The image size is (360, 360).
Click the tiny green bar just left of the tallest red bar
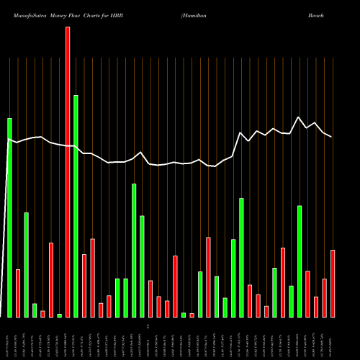coord(59,315)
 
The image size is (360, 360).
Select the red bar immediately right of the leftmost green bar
coord(18,293)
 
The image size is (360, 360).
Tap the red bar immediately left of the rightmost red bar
coord(324,297)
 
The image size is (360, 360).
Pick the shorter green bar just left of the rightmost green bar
coord(291,301)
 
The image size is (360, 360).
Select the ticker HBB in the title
coord(117,14)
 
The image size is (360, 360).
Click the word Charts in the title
coord(94,14)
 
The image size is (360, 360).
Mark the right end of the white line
coord(332,136)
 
